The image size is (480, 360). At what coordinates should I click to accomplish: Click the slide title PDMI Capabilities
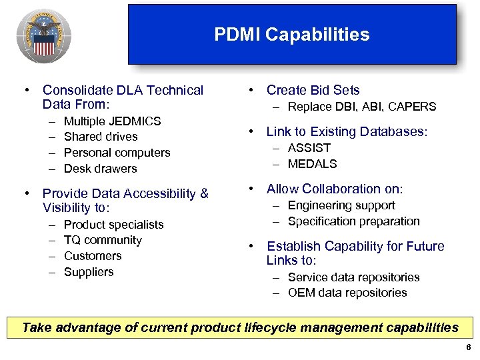(x=291, y=35)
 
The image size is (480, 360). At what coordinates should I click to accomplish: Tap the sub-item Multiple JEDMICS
(x=112, y=121)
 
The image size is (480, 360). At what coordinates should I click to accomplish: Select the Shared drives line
(x=101, y=137)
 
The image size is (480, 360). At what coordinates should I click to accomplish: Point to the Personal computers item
(x=117, y=153)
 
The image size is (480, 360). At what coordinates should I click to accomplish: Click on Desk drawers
(x=100, y=169)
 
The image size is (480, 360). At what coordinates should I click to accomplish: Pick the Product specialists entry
(x=113, y=225)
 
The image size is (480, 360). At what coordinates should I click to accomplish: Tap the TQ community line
(x=103, y=240)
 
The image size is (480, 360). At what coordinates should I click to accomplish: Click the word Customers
(x=93, y=256)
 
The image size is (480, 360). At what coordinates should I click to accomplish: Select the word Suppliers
(x=89, y=272)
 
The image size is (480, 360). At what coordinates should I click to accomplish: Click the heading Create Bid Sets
(x=313, y=90)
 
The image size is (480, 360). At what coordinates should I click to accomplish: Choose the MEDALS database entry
(x=312, y=164)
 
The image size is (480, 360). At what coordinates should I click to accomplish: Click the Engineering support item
(x=341, y=205)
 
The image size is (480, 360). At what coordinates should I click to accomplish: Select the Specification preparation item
(x=353, y=221)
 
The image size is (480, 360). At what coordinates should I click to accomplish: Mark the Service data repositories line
(x=353, y=277)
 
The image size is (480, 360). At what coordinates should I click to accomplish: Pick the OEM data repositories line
(x=347, y=293)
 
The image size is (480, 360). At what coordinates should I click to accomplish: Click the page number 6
(x=469, y=349)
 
